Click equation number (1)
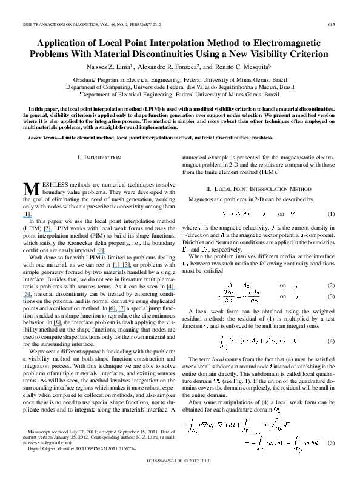point(332,214)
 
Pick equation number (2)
point(332,268)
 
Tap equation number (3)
point(332,279)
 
